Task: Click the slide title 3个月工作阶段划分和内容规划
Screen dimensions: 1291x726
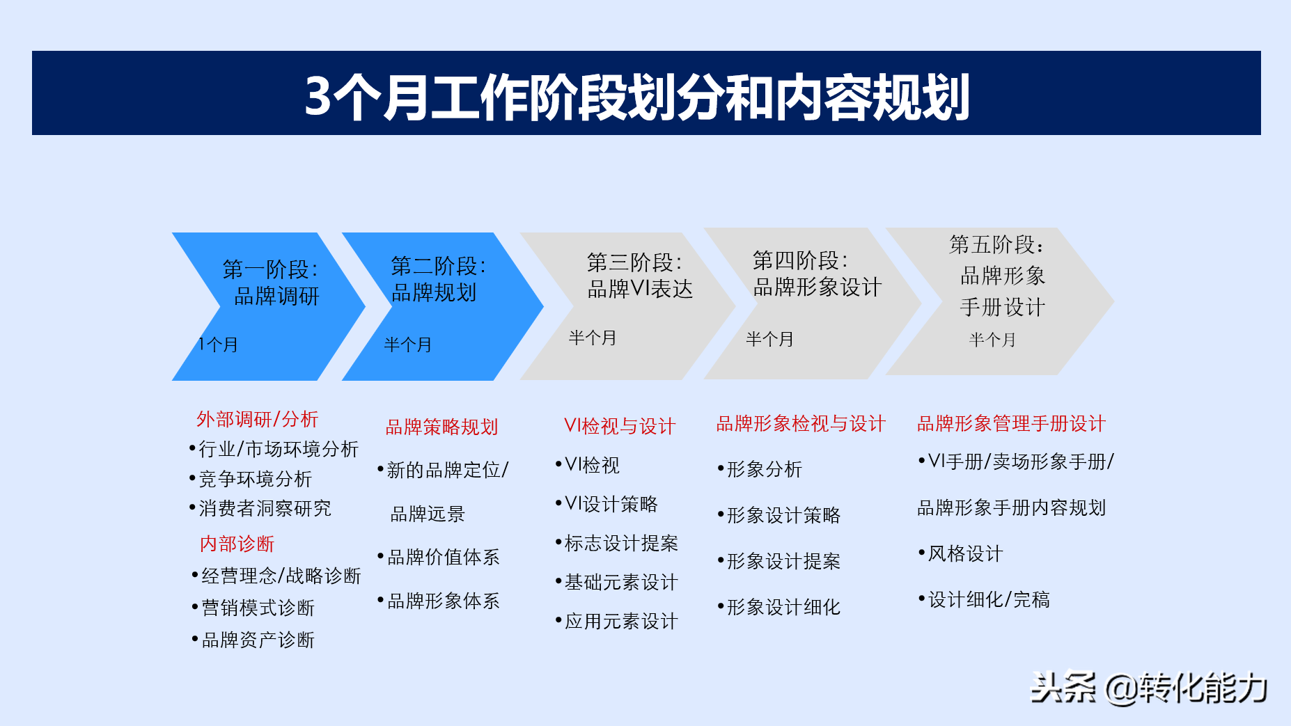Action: [637, 96]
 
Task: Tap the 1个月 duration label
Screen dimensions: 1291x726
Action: [218, 345]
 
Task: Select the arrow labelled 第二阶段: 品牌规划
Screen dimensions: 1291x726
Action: [442, 306]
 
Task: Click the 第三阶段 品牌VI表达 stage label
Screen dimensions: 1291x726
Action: [640, 276]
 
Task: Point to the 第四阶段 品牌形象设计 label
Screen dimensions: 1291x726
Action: [817, 274]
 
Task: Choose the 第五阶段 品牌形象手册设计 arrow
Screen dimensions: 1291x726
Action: [999, 301]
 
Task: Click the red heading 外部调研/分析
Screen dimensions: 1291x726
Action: [257, 419]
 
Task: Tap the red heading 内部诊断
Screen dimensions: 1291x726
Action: [237, 544]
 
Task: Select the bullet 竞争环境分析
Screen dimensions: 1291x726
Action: [251, 479]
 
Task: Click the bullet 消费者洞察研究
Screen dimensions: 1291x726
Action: [260, 508]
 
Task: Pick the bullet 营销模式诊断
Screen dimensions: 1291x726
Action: [253, 608]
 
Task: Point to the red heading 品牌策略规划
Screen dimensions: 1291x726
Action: [442, 427]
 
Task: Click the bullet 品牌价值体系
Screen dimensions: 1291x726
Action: [439, 557]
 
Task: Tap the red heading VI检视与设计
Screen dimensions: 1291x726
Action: [620, 426]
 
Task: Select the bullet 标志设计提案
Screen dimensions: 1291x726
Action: [617, 543]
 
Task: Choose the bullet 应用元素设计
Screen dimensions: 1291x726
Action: [617, 621]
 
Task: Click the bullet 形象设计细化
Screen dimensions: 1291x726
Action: [779, 607]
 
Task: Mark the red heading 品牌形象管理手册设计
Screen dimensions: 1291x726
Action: [1012, 423]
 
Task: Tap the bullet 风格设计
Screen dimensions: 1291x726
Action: [961, 553]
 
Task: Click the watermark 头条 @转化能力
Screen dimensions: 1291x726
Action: [1149, 688]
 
